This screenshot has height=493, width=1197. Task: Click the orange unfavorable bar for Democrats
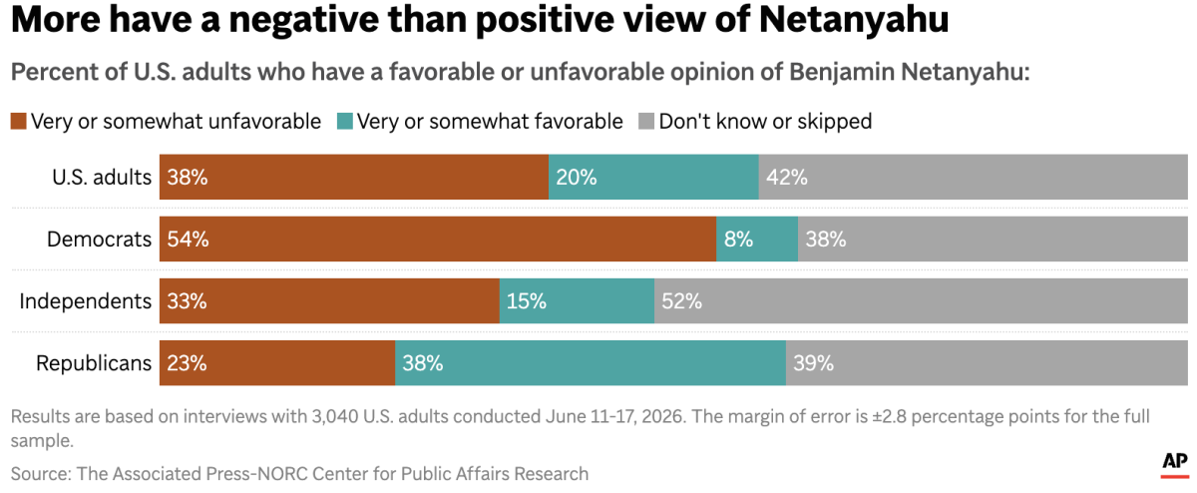[438, 239]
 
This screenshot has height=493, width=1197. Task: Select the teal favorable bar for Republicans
[591, 363]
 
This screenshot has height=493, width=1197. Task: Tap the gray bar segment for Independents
[922, 301]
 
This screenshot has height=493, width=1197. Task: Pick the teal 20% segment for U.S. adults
[653, 177]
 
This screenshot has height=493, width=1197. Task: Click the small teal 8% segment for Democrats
[757, 239]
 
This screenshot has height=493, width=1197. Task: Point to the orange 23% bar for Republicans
[277, 363]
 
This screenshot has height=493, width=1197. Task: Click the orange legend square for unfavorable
[19, 122]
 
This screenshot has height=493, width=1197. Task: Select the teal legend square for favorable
[345, 122]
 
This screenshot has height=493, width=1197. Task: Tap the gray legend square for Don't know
[646, 122]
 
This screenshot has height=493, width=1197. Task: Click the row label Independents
[86, 301]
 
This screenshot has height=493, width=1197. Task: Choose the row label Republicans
[94, 363]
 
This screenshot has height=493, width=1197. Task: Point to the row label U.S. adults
[102, 177]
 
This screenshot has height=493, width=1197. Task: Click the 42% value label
[787, 177]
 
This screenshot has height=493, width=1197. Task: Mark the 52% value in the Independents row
[682, 301]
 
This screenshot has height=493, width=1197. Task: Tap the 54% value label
[188, 239]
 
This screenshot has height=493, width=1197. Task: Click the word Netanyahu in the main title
[854, 20]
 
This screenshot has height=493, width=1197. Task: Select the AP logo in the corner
[1175, 465]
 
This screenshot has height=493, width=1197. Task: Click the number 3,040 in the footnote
[335, 416]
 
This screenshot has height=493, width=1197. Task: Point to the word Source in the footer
[41, 474]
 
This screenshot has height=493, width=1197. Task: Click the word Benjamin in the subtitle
[842, 72]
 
